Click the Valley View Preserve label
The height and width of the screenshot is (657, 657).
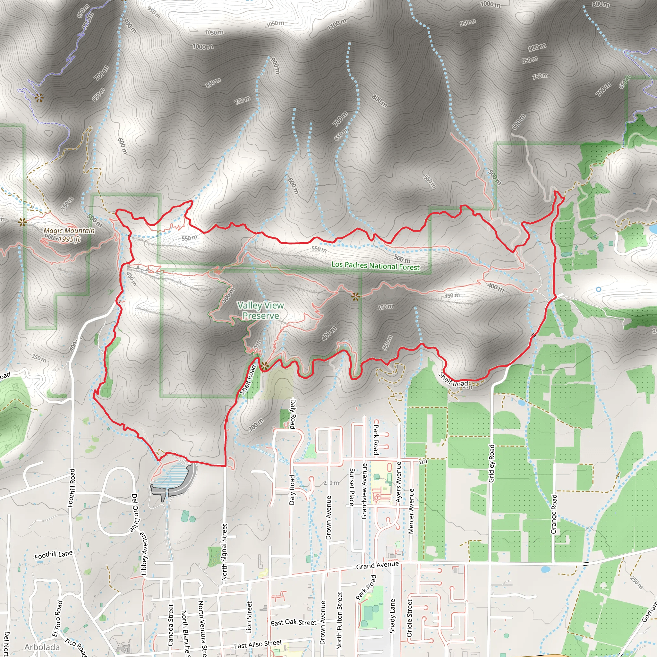pyautogui.click(x=260, y=311)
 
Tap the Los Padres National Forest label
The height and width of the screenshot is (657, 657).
pyautogui.click(x=375, y=266)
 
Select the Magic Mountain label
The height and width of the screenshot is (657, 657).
pyautogui.click(x=69, y=231)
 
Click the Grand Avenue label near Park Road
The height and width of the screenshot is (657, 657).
pyautogui.click(x=377, y=565)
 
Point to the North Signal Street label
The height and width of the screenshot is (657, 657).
pyautogui.click(x=225, y=552)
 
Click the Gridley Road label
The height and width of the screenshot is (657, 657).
pyautogui.click(x=492, y=463)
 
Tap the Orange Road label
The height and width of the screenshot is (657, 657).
pyautogui.click(x=554, y=514)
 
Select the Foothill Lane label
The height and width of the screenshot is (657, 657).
pyautogui.click(x=54, y=555)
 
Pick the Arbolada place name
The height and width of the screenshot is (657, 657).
pyautogui.click(x=42, y=647)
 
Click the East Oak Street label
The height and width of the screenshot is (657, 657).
pyautogui.click(x=294, y=622)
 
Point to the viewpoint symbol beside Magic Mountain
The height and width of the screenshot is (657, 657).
pyautogui.click(x=22, y=222)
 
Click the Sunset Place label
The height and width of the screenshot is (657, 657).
pyautogui.click(x=352, y=487)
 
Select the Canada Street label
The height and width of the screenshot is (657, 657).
pyautogui.click(x=170, y=625)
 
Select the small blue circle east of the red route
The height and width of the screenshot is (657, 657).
pyautogui.click(x=599, y=289)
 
